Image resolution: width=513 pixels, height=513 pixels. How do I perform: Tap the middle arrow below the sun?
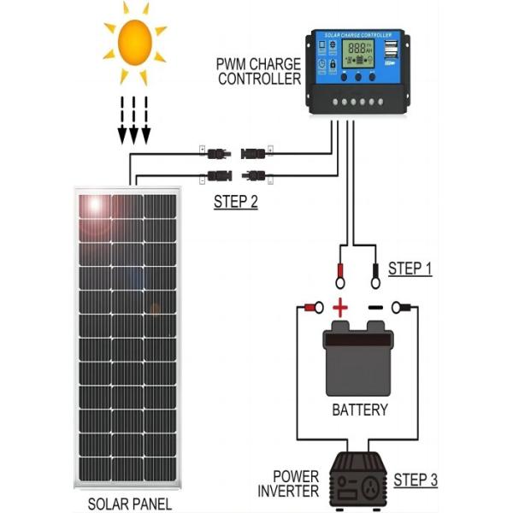pyautogui.click(x=134, y=119)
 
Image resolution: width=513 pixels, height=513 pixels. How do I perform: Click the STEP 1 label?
pyautogui.click(x=410, y=268)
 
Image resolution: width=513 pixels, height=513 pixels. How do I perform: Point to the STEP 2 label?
pyautogui.click(x=235, y=203)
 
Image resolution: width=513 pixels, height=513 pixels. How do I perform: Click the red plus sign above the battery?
pyautogui.click(x=341, y=307)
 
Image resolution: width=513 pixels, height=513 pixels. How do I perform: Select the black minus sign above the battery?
pyautogui.click(x=375, y=307)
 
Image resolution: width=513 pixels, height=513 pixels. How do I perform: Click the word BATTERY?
pyautogui.click(x=359, y=410)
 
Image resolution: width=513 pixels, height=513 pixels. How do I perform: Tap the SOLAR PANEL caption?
pyautogui.click(x=129, y=504)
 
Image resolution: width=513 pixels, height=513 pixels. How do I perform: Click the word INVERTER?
pyautogui.click(x=289, y=491)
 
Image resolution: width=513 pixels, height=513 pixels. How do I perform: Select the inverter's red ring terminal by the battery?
pyautogui.click(x=313, y=307)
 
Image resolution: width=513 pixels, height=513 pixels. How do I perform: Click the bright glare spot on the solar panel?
pyautogui.click(x=93, y=206)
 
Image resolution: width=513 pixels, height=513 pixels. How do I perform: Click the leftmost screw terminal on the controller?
pyautogui.click(x=333, y=101)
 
